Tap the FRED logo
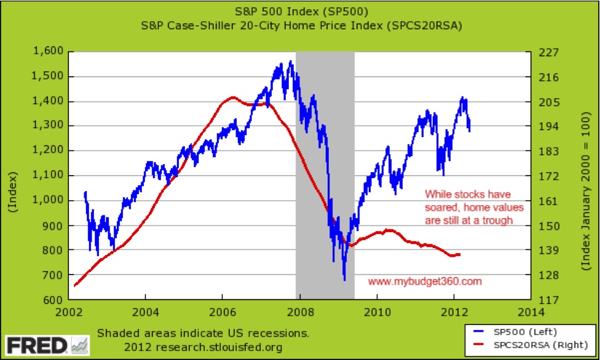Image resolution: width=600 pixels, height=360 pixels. pyautogui.click(x=38, y=344)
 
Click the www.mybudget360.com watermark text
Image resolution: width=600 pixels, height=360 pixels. pyautogui.click(x=425, y=281)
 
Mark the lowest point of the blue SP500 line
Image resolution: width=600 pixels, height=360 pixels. pyautogui.click(x=344, y=280)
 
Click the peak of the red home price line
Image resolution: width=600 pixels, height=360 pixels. pyautogui.click(x=232, y=97)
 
